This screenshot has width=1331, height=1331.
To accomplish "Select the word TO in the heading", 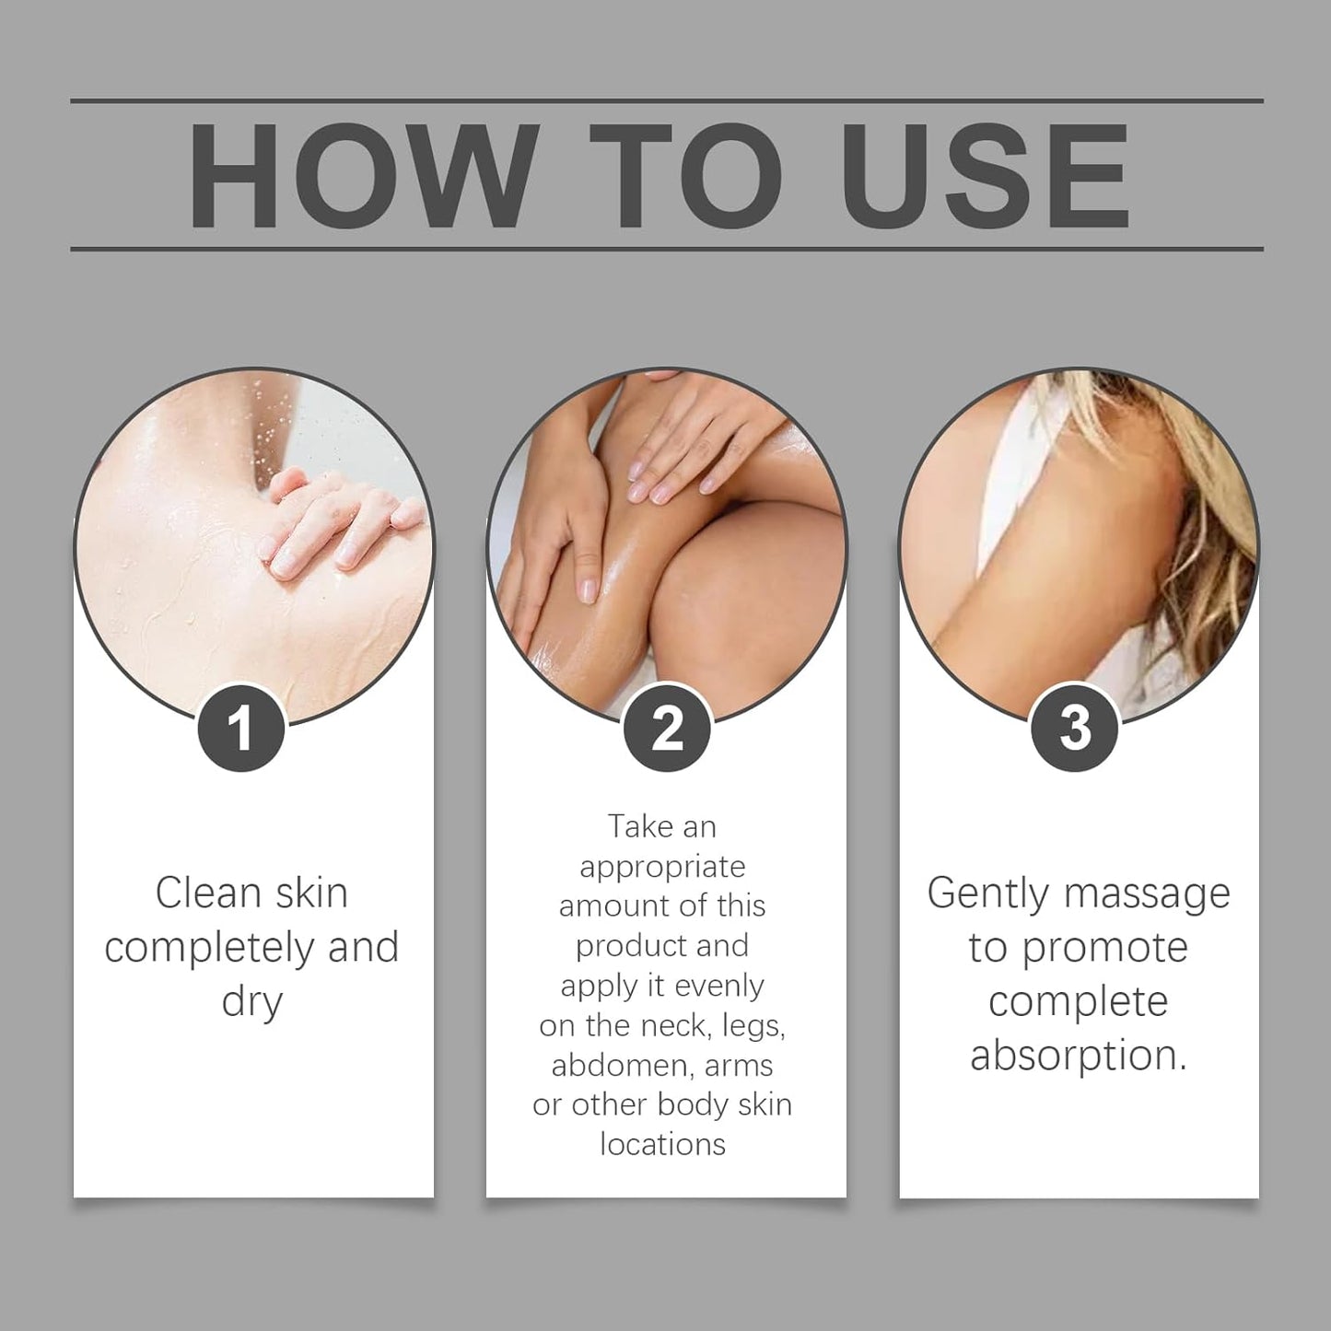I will tap(686, 174).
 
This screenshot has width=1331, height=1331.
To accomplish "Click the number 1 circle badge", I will tap(241, 728).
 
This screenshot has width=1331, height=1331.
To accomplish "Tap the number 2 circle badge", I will tap(667, 728).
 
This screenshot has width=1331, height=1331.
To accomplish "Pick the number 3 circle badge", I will tap(1075, 728).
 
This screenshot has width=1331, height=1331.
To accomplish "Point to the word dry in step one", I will tap(251, 1002).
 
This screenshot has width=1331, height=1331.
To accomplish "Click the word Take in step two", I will tap(641, 826).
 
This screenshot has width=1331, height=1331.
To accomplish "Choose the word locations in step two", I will tap(662, 1144).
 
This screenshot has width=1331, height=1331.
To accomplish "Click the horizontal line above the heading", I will tap(666, 100).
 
